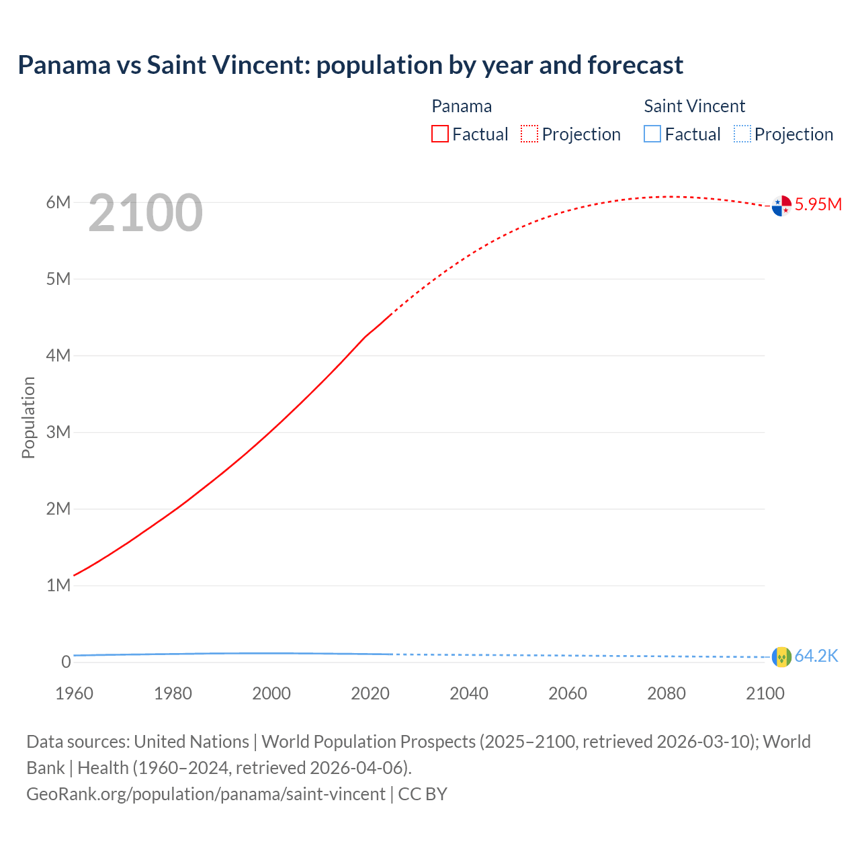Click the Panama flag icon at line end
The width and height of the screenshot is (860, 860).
[781, 206]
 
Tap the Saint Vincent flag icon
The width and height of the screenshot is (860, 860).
[781, 656]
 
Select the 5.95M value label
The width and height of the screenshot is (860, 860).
[818, 204]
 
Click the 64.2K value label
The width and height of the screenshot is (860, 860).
[816, 656]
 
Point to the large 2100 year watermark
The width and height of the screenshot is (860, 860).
[145, 213]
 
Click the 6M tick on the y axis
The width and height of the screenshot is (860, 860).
[58, 202]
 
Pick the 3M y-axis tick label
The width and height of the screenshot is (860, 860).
[58, 432]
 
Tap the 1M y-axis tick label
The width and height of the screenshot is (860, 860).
[58, 585]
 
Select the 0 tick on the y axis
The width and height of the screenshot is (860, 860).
[66, 662]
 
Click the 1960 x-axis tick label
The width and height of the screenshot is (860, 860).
[74, 693]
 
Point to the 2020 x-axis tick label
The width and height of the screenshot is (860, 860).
[370, 693]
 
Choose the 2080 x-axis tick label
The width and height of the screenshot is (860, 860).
[666, 693]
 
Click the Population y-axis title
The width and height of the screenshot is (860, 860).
[28, 417]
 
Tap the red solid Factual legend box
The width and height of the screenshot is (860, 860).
[440, 134]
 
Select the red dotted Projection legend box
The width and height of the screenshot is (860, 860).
[529, 134]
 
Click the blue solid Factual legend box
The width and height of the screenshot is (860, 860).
[652, 134]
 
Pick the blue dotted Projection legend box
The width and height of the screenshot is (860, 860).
[742, 134]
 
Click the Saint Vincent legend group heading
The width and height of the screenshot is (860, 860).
[694, 106]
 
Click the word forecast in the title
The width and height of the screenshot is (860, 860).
[635, 65]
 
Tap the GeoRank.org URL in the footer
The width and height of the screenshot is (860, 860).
[206, 794]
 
